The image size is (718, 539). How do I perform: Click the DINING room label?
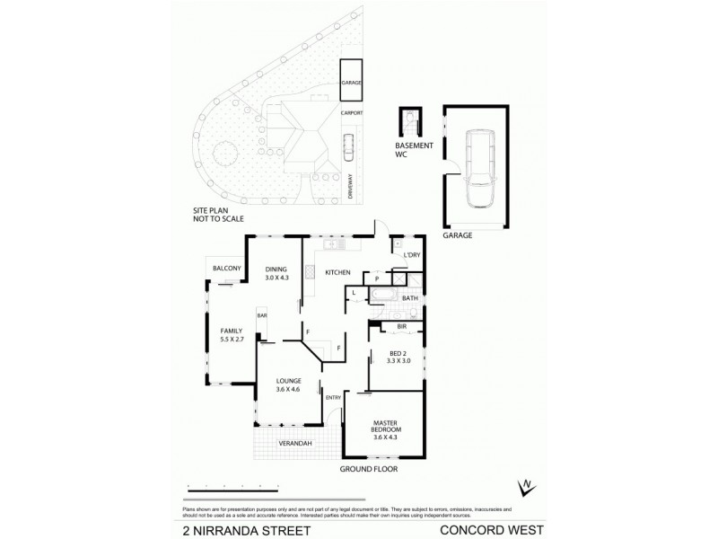(275, 272)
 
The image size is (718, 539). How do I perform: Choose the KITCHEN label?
(337, 272)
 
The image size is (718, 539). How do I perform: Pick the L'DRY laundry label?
(413, 257)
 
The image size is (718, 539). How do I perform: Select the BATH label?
(410, 297)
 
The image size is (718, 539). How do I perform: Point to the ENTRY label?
(333, 398)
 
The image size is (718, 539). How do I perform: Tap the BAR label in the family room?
(263, 316)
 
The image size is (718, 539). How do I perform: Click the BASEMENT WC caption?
(415, 149)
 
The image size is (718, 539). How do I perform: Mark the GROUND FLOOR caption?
(368, 469)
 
